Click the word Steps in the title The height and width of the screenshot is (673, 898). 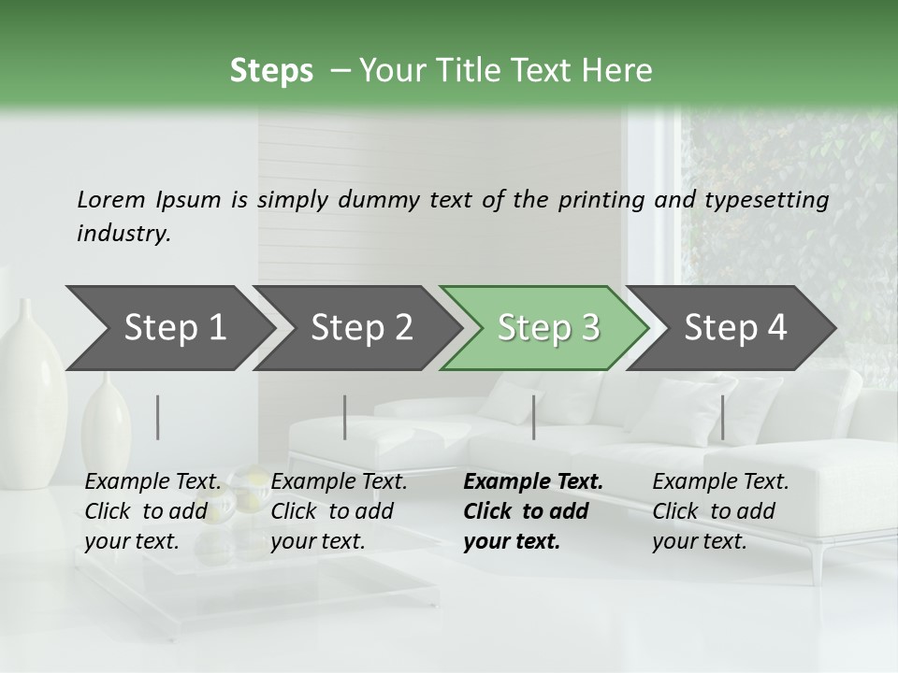point(271,71)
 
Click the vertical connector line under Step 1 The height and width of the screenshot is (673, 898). point(158,417)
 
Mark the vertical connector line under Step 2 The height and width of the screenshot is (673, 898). point(345,417)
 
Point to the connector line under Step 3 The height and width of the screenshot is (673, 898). point(533,417)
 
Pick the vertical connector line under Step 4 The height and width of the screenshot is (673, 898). point(722,417)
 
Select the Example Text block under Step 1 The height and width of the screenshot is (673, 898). point(152,511)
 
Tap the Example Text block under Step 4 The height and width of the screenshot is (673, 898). point(720,511)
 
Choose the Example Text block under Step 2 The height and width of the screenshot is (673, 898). point(339,511)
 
